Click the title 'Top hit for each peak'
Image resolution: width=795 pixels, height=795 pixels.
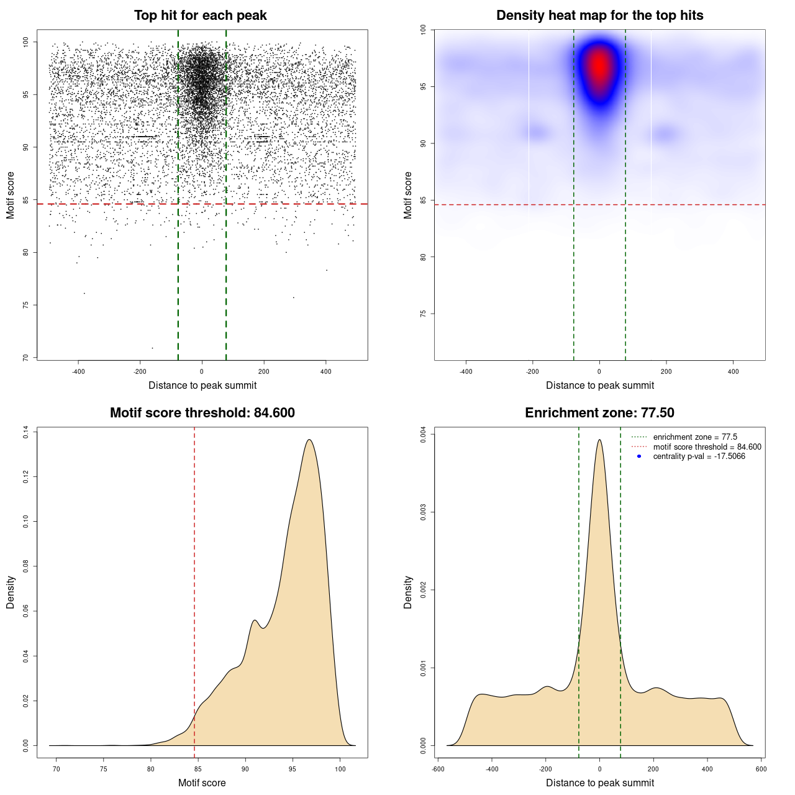click(201, 16)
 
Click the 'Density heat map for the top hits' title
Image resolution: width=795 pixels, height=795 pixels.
click(599, 16)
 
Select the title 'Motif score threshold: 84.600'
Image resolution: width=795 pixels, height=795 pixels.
click(202, 413)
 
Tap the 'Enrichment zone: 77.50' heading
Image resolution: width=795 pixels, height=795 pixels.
click(599, 413)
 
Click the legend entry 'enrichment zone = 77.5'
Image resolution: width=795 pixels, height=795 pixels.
click(695, 437)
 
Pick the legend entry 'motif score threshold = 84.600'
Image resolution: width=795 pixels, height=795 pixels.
click(707, 447)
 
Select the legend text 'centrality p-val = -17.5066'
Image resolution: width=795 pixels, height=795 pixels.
click(699, 457)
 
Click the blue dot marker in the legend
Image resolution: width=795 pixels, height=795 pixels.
click(639, 457)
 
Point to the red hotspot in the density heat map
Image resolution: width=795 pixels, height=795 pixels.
click(599, 65)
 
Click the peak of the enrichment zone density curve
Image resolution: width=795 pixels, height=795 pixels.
click(599, 440)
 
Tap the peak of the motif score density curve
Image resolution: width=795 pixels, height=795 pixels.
click(309, 440)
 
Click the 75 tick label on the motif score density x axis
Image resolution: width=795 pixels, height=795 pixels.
click(103, 769)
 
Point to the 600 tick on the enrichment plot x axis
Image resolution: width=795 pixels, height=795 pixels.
click(761, 769)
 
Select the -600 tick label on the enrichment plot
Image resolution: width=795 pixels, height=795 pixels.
click(438, 769)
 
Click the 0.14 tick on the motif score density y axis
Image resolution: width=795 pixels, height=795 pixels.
click(25, 432)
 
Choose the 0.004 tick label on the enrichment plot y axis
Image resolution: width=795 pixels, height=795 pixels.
click(423, 434)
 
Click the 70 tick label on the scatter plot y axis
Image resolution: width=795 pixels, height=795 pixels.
click(25, 358)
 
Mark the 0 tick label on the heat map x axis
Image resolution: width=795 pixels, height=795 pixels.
click(599, 371)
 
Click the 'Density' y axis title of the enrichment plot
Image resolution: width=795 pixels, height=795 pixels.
click(408, 592)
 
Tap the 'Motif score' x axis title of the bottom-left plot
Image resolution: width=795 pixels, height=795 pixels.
click(202, 783)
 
